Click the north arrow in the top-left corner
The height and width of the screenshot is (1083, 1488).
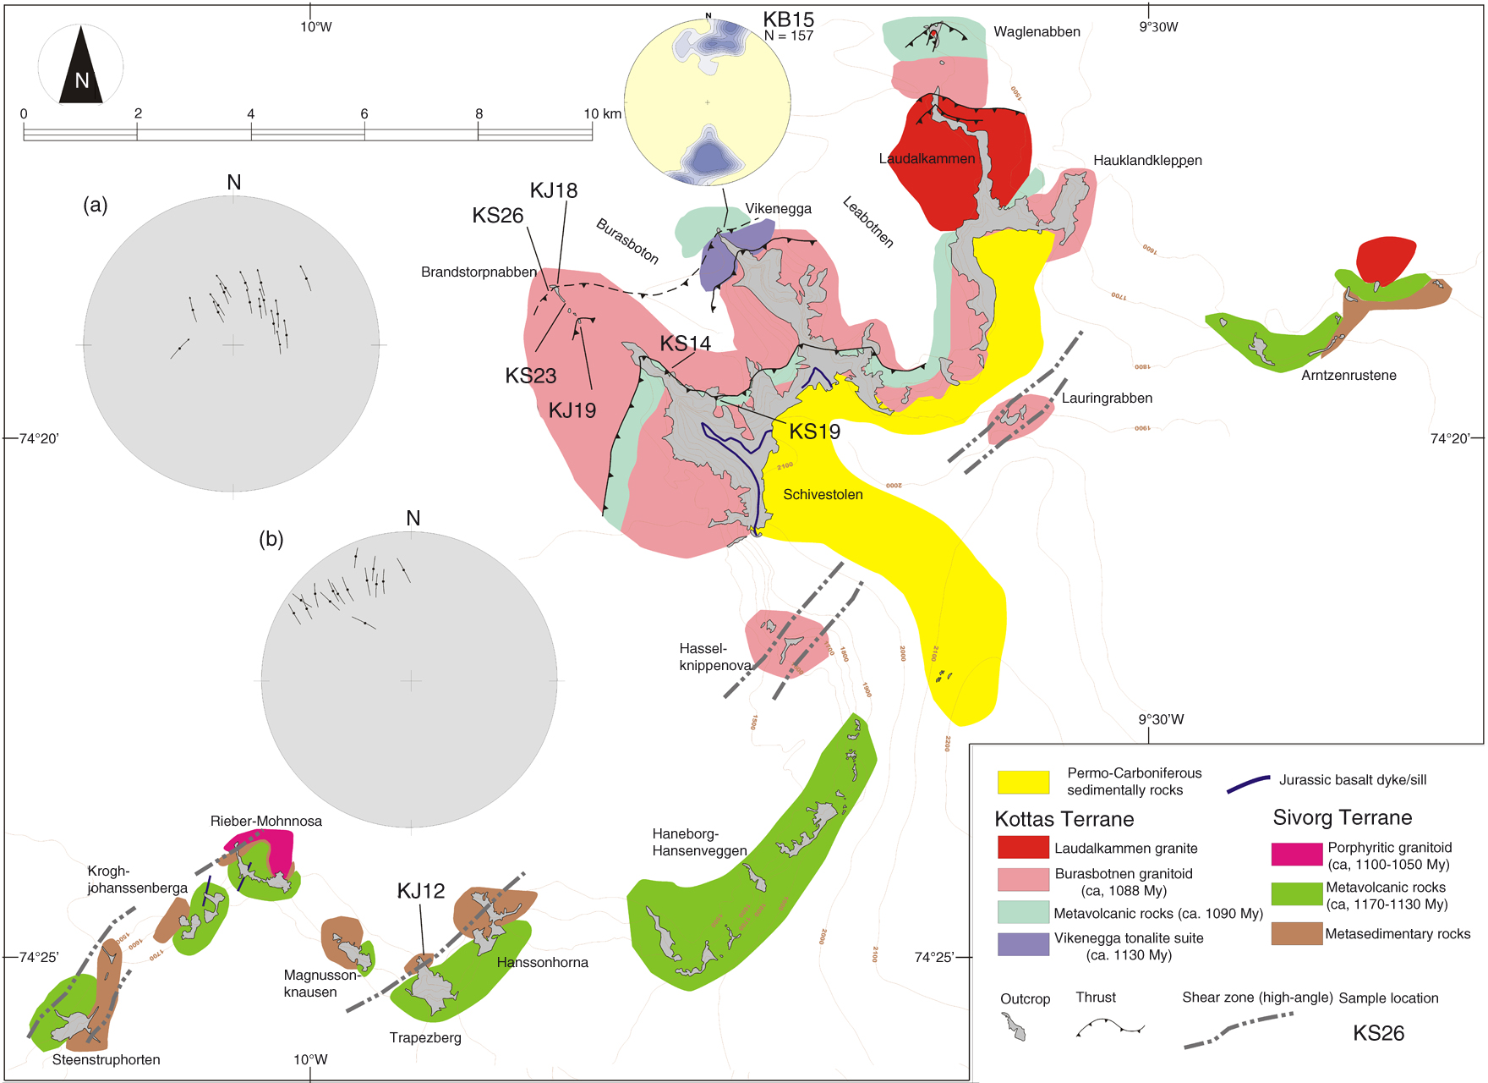pyautogui.click(x=81, y=66)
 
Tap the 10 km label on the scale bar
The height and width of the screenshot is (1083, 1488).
pyautogui.click(x=602, y=113)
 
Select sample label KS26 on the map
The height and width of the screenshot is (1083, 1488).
pyautogui.click(x=497, y=216)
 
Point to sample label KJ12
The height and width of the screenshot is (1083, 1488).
pyautogui.click(x=420, y=891)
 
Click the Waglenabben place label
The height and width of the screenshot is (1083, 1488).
pyautogui.click(x=1037, y=32)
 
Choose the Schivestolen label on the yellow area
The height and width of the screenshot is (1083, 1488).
pyautogui.click(x=823, y=494)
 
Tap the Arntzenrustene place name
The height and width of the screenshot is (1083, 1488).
pyautogui.click(x=1348, y=375)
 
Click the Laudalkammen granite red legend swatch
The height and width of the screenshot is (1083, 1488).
pyautogui.click(x=1023, y=847)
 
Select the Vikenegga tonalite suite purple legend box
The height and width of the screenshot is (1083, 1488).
pyautogui.click(x=1023, y=944)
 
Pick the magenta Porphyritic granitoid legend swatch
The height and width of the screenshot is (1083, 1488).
pyautogui.click(x=1296, y=854)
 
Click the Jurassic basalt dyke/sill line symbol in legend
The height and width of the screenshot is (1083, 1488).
pyautogui.click(x=1248, y=783)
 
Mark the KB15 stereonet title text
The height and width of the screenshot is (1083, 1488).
pyautogui.click(x=788, y=19)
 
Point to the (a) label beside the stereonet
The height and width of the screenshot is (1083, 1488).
pyautogui.click(x=96, y=204)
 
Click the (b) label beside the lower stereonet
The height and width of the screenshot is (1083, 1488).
pyautogui.click(x=271, y=539)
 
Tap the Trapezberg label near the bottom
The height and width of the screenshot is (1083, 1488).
pyautogui.click(x=425, y=1037)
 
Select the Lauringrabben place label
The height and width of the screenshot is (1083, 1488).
pyautogui.click(x=1107, y=398)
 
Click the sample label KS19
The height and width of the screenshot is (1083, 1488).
pyautogui.click(x=814, y=432)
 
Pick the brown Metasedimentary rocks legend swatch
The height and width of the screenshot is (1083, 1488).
pyautogui.click(x=1296, y=933)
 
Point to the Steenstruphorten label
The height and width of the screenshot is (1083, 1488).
pyautogui.click(x=106, y=1059)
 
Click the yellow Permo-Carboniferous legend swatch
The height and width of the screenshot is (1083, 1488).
pyautogui.click(x=1023, y=782)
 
